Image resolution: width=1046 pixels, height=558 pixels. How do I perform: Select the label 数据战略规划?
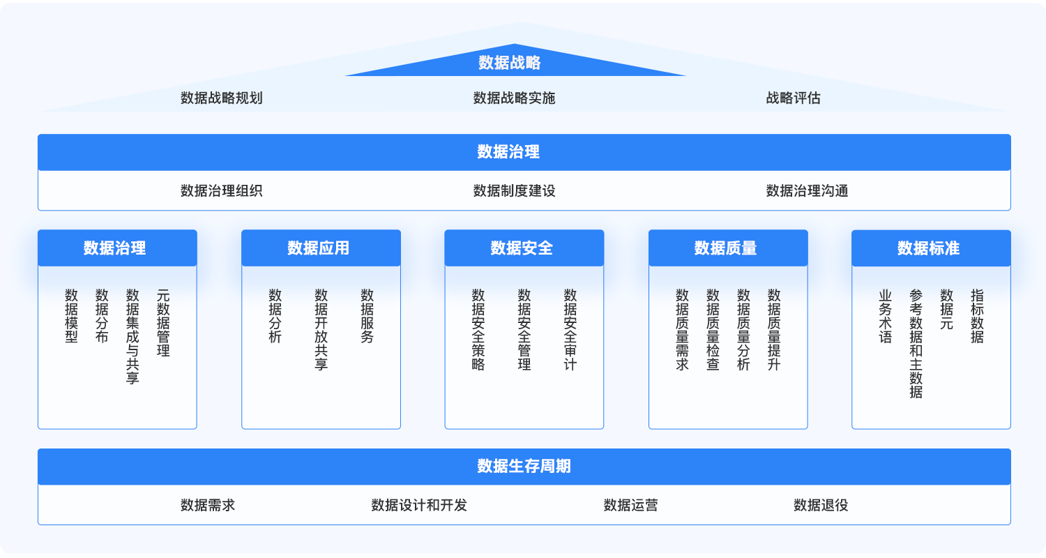coord(221,98)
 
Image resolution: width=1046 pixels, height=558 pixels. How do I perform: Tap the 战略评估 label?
coord(793,98)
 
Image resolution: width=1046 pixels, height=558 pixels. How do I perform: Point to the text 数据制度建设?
coord(514,190)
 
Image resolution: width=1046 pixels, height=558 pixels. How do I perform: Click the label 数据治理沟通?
coord(807,190)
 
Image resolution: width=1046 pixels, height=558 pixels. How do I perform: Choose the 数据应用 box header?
coord(321,248)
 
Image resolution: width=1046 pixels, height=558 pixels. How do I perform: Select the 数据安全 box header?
coord(524,248)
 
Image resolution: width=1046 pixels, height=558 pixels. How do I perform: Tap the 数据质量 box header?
coord(727,248)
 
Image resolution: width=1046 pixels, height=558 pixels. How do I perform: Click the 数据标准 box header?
coord(931,248)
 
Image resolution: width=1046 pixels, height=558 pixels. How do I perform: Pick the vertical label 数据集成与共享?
coord(132,336)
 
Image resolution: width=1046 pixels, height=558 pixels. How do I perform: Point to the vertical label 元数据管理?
coord(163,322)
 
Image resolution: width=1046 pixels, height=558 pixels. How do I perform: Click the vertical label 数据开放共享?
coord(321,329)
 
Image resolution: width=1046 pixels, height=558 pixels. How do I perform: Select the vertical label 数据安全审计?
coord(570,329)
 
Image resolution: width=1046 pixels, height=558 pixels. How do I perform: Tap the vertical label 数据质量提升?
coord(774,329)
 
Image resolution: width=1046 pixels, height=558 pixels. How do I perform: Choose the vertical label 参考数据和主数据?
coord(916,343)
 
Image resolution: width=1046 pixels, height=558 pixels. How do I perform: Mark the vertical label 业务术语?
coord(885,316)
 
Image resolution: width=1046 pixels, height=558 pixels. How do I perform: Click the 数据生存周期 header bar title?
coord(524,466)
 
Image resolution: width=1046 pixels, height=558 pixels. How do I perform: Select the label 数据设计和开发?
coord(419,505)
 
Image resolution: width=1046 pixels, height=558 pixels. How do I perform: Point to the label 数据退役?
coord(821,505)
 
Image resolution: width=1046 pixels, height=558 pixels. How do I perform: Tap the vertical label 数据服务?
coord(367,316)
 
